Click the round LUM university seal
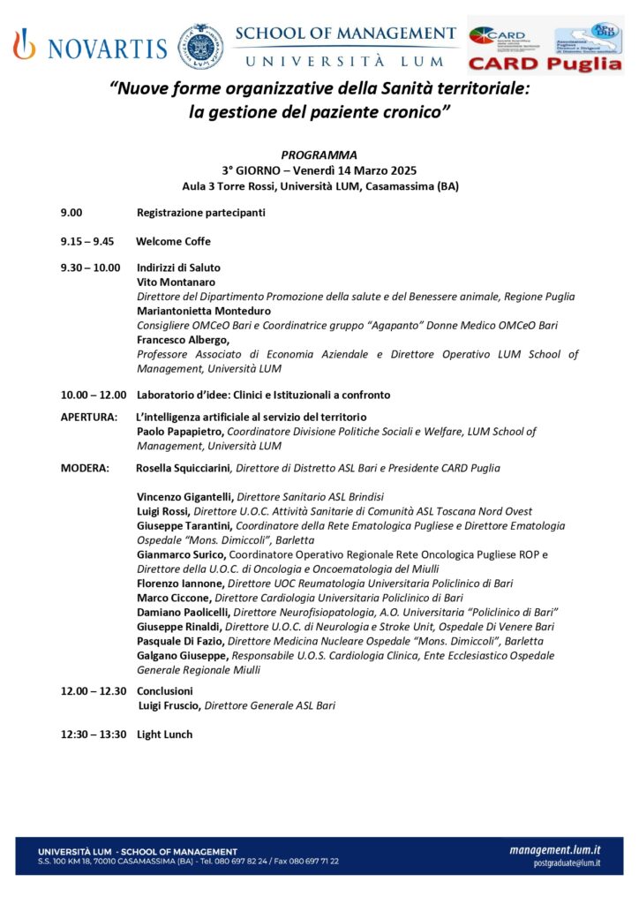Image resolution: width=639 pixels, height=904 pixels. click(200, 46)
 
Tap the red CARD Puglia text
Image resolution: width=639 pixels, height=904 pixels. click(545, 64)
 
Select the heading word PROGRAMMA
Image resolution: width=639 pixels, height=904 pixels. click(319, 154)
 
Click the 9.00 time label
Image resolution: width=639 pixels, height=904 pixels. click(71, 213)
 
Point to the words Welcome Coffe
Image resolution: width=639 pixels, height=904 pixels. click(173, 241)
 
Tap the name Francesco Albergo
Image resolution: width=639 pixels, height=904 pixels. click(183, 340)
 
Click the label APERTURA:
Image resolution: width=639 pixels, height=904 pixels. click(88, 417)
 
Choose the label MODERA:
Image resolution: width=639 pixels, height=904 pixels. click(85, 468)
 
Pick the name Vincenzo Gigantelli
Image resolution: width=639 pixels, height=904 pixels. click(185, 497)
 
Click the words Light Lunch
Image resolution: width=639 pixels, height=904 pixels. click(164, 734)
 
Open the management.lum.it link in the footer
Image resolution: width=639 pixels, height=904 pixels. click(554, 849)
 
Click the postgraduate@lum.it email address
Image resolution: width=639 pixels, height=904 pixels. click(567, 863)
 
